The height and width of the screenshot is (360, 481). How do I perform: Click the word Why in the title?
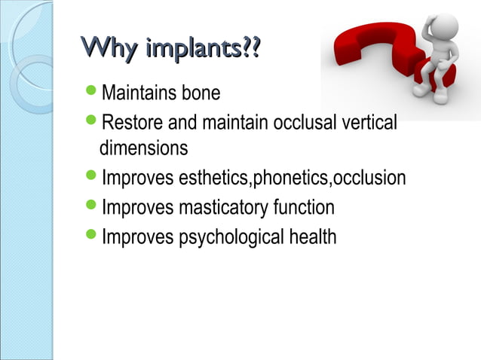109,51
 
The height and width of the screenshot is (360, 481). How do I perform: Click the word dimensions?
144,148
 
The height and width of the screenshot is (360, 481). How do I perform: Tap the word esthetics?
213,178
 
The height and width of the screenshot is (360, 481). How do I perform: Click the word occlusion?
369,178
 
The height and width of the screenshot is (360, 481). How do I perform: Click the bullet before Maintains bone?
91,93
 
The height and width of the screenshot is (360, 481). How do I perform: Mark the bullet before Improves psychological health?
91,236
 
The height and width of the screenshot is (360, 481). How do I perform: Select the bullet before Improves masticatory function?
91,206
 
